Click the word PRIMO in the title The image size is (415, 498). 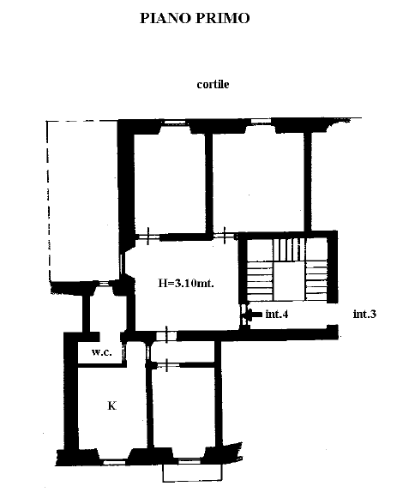click(222, 18)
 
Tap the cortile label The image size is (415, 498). click(213, 85)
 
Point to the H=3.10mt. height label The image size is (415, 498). click(186, 283)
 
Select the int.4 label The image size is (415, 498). click(277, 314)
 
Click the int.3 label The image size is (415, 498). click(364, 314)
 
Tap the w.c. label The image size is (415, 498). click(102, 352)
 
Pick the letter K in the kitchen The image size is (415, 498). click(111, 405)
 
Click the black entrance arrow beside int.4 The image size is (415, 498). click(253, 315)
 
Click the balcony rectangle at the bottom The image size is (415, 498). click(192, 473)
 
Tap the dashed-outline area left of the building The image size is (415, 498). click(82, 201)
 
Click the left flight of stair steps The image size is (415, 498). click(261, 280)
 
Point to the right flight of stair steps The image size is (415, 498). click(316, 280)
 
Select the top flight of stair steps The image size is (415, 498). click(289, 250)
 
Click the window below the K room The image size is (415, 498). click(112, 463)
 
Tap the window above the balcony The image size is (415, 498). click(189, 461)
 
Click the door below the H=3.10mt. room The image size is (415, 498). click(166, 336)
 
